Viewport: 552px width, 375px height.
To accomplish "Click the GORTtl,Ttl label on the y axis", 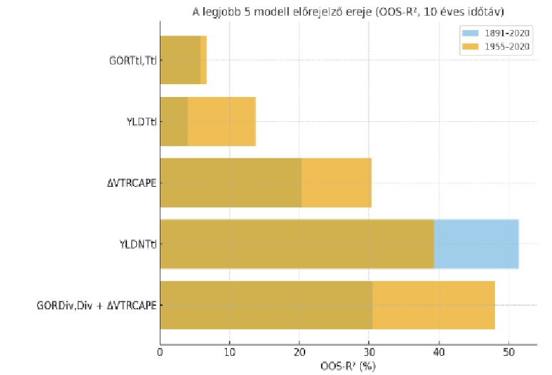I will (133, 61).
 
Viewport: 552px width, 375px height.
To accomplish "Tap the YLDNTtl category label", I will (138, 245).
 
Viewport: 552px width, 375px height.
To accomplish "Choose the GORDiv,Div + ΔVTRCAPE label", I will (97, 306).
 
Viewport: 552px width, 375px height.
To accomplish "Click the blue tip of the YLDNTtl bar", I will (476, 244).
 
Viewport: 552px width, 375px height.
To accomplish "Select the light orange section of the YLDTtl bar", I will (221, 121).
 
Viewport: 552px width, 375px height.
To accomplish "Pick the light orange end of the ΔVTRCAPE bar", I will (336, 183).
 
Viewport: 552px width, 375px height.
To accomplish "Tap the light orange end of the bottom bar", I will (433, 305).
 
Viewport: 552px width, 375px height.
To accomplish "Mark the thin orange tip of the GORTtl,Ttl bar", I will (203, 60).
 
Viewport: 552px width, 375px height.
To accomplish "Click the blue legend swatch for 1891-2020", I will (471, 33).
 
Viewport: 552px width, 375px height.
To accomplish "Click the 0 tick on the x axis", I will (160, 351).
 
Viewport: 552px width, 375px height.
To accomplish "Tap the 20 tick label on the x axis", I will (299, 351).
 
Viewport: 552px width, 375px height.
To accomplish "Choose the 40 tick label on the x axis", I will (438, 351).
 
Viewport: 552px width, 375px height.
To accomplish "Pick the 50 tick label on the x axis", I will (508, 351).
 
